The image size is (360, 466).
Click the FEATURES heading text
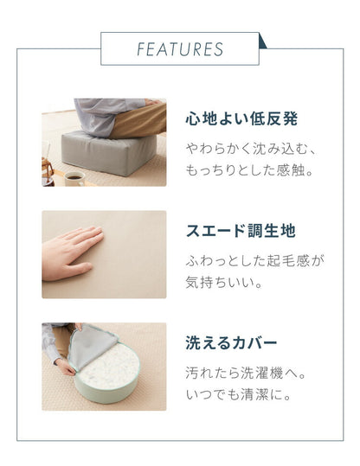click(x=179, y=48)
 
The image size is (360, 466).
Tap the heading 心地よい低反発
click(x=241, y=118)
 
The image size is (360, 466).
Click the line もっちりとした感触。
click(x=248, y=170)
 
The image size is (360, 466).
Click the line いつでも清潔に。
click(x=240, y=396)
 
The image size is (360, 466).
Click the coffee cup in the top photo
click(x=74, y=177)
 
